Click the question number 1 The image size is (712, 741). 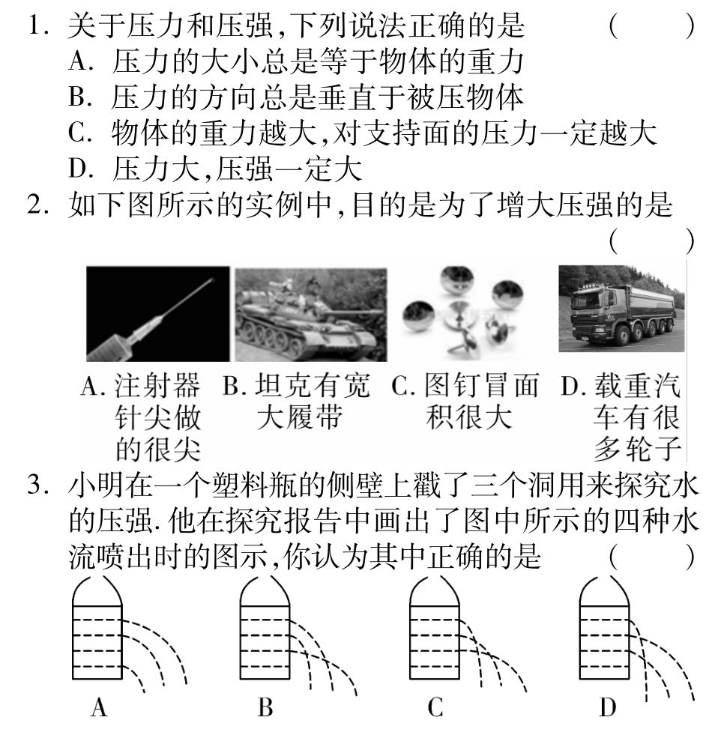[37, 27]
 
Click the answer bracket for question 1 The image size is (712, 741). [651, 27]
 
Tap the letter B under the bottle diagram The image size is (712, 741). [265, 707]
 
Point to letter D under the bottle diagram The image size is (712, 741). [607, 707]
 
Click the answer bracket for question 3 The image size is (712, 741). [651, 559]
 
